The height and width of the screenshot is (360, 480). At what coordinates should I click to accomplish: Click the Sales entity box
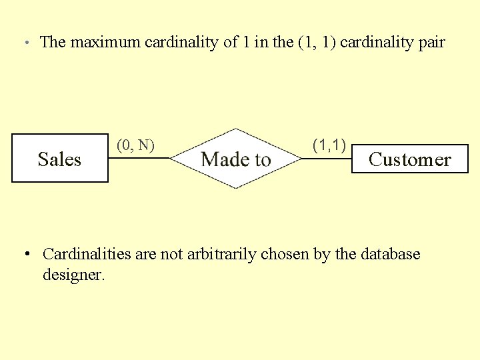(x=60, y=159)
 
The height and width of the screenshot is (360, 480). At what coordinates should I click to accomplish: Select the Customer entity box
(x=409, y=159)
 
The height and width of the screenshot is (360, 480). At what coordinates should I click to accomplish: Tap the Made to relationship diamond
(x=235, y=159)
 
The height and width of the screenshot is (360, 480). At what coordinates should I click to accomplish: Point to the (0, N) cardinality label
(x=135, y=145)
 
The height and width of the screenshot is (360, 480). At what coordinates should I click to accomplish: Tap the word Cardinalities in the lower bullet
(x=87, y=254)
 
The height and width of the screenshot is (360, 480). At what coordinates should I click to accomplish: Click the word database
(x=390, y=254)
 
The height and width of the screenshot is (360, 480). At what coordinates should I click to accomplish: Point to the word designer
(x=73, y=274)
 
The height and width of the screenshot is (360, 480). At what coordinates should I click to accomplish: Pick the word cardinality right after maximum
(x=182, y=42)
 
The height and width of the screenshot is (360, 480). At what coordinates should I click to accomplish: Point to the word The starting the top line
(x=53, y=42)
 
